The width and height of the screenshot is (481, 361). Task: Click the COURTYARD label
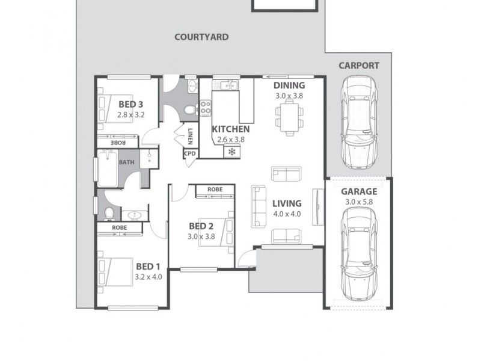click(201, 37)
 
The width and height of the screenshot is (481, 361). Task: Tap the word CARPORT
click(358, 66)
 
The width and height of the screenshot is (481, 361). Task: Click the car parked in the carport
click(358, 122)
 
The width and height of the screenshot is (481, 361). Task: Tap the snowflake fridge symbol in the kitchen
click(230, 152)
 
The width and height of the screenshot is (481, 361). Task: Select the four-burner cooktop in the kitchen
click(206, 108)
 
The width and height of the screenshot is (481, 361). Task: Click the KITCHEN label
click(230, 129)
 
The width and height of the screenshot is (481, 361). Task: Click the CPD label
click(191, 153)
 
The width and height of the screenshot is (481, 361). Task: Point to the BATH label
click(127, 162)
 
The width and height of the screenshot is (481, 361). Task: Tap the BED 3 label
click(130, 102)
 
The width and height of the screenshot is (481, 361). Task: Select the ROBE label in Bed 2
click(215, 190)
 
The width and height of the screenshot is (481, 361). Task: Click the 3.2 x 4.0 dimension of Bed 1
click(147, 277)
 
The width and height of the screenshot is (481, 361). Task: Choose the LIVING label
click(286, 203)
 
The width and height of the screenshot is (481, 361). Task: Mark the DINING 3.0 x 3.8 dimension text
click(290, 96)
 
